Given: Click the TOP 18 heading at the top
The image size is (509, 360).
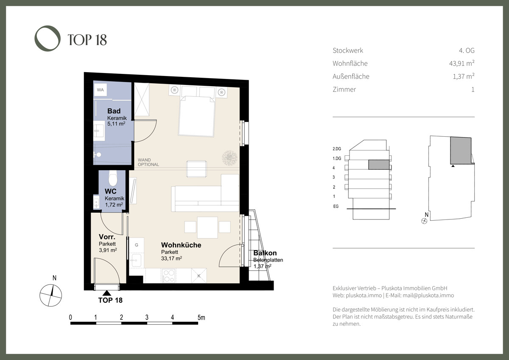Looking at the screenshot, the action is point(87,40).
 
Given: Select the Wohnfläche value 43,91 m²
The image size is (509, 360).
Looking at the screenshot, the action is point(462,63).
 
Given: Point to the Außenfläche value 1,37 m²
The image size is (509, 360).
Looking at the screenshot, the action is point(464,76).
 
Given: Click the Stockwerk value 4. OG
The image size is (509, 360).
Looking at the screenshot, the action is point(467,50).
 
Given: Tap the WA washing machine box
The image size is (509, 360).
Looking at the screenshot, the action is point(101,90).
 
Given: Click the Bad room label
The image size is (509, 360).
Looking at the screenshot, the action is point(114,111).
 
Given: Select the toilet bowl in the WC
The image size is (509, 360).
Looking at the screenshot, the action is point(113,178).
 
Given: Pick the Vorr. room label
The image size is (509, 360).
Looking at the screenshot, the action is point(107,237).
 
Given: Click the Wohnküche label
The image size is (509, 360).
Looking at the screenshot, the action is point(181,245).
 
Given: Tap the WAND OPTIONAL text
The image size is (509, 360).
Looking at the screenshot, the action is point(148,162).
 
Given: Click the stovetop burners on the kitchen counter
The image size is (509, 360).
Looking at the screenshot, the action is point(169,276).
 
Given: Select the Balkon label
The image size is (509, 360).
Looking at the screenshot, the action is point(265,253).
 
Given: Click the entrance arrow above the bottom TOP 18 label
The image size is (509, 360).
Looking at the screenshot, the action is point(107,293).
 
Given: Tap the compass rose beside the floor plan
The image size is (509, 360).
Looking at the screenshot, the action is point(50,295).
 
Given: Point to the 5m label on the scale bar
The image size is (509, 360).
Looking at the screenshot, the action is point(201,318).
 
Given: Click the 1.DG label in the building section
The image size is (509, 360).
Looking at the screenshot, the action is point(337,158).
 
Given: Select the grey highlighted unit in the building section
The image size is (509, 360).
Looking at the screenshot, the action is point(378,165).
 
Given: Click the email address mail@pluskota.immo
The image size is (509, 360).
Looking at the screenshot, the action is point(428,295).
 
